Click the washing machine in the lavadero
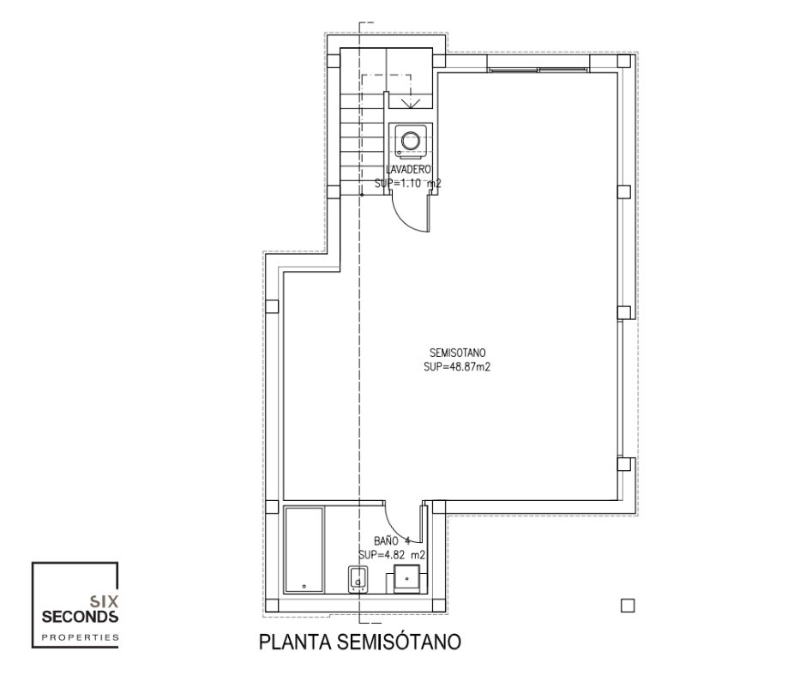[x=410, y=140]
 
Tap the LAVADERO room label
[x=409, y=169]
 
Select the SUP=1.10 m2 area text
[x=408, y=183]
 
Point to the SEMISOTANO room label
[x=457, y=353]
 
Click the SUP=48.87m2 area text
[x=457, y=367]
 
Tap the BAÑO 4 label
[x=392, y=540]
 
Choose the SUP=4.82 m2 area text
[x=392, y=555]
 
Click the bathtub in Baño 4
[x=304, y=549]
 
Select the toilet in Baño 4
[x=358, y=579]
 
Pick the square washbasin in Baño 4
[x=406, y=579]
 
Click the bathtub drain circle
[x=304, y=586]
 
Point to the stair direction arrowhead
[x=410, y=104]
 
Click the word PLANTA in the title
[x=296, y=642]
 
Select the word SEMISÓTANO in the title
[x=400, y=642]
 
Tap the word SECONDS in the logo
[x=80, y=616]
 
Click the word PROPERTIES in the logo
[x=80, y=637]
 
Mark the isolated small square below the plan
[x=628, y=606]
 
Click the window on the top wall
[x=537, y=69]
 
